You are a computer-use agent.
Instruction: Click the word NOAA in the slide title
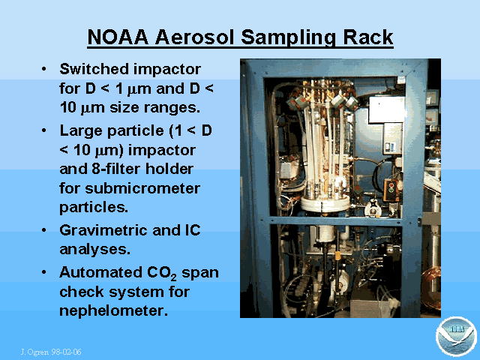coord(118,37)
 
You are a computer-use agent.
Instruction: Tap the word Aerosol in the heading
coord(195,37)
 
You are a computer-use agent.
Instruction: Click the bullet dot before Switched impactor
coord(44,68)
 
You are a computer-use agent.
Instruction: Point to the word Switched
coord(94,69)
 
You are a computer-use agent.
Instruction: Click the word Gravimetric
coord(103,230)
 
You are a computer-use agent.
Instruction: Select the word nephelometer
coord(113,310)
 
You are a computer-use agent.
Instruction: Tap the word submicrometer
coord(142,188)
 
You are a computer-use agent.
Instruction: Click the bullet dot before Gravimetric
coord(44,230)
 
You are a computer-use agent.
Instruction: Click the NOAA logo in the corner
coord(456,337)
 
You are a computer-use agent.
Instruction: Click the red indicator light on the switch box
coord(391,184)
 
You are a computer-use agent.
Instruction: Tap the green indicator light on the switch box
coord(391,190)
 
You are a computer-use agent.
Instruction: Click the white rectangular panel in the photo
coord(387,110)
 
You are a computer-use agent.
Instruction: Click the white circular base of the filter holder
coord(325,203)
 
